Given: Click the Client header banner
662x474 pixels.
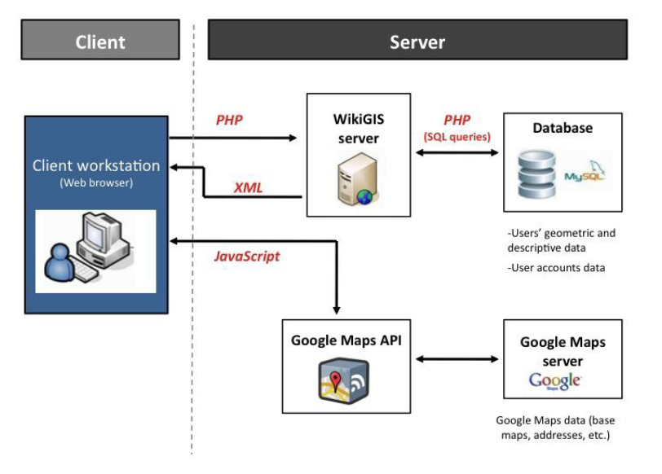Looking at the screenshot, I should coord(99,41).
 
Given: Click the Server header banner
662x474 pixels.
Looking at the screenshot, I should coord(417,41).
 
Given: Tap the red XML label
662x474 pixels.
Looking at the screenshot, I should coord(248,187).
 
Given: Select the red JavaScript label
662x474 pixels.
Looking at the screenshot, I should coord(246,257).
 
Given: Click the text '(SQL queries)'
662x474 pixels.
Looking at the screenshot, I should coord(457,137).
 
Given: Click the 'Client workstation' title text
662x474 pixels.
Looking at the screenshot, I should coord(96,166).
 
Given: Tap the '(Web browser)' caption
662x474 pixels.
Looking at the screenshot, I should coord(96,183).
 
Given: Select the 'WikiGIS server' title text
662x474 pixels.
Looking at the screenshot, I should coord(358,128).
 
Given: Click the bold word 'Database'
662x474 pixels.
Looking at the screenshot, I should coord(563,129).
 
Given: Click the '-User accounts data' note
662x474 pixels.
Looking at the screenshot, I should coord(556,267).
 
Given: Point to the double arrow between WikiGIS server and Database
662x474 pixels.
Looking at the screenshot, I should coord(457,153).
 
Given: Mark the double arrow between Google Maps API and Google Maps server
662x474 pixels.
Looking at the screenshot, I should coord(457,358).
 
